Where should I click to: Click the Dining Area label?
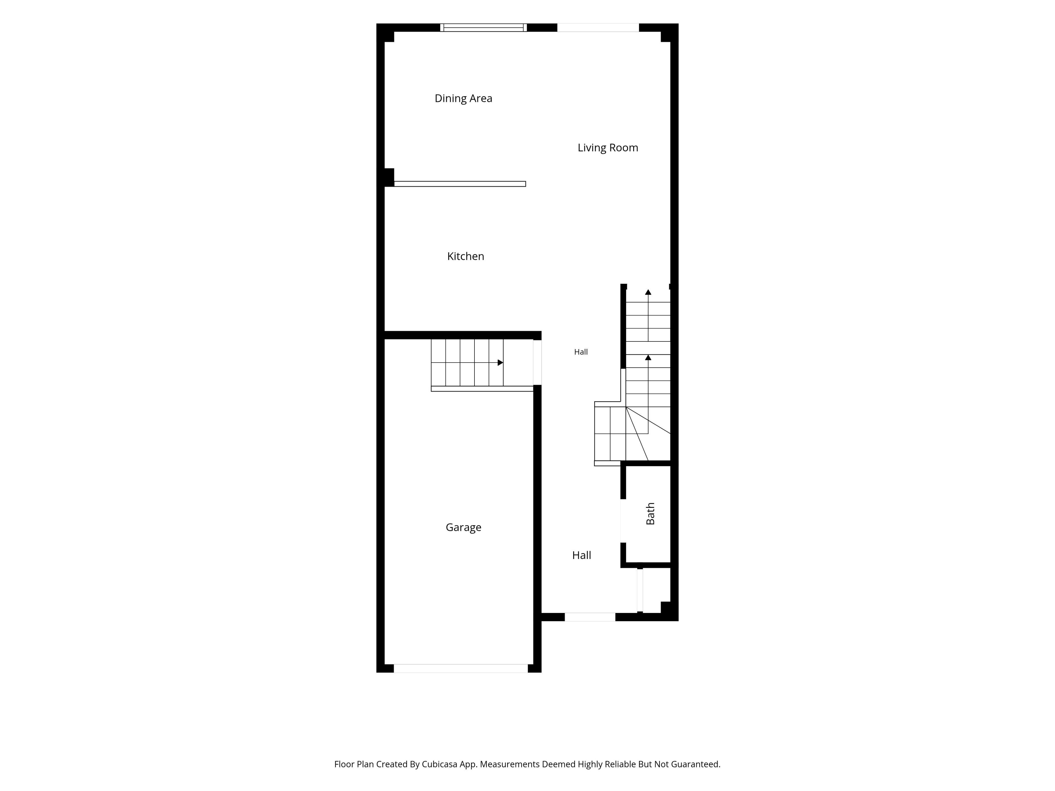(x=463, y=99)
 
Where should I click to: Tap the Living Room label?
(x=608, y=148)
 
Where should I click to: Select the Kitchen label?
(x=465, y=257)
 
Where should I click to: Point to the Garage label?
(x=463, y=527)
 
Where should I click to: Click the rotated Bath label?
(x=650, y=514)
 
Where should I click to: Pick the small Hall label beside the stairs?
(x=581, y=352)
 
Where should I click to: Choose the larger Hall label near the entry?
(x=581, y=555)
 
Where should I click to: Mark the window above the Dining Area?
(x=483, y=28)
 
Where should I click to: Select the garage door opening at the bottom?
(x=461, y=669)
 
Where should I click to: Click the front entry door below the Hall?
(x=590, y=617)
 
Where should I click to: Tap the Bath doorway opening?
(x=623, y=521)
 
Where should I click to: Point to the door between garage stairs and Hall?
(x=537, y=362)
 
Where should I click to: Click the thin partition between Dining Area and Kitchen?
(x=460, y=184)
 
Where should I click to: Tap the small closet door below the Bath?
(x=640, y=590)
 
